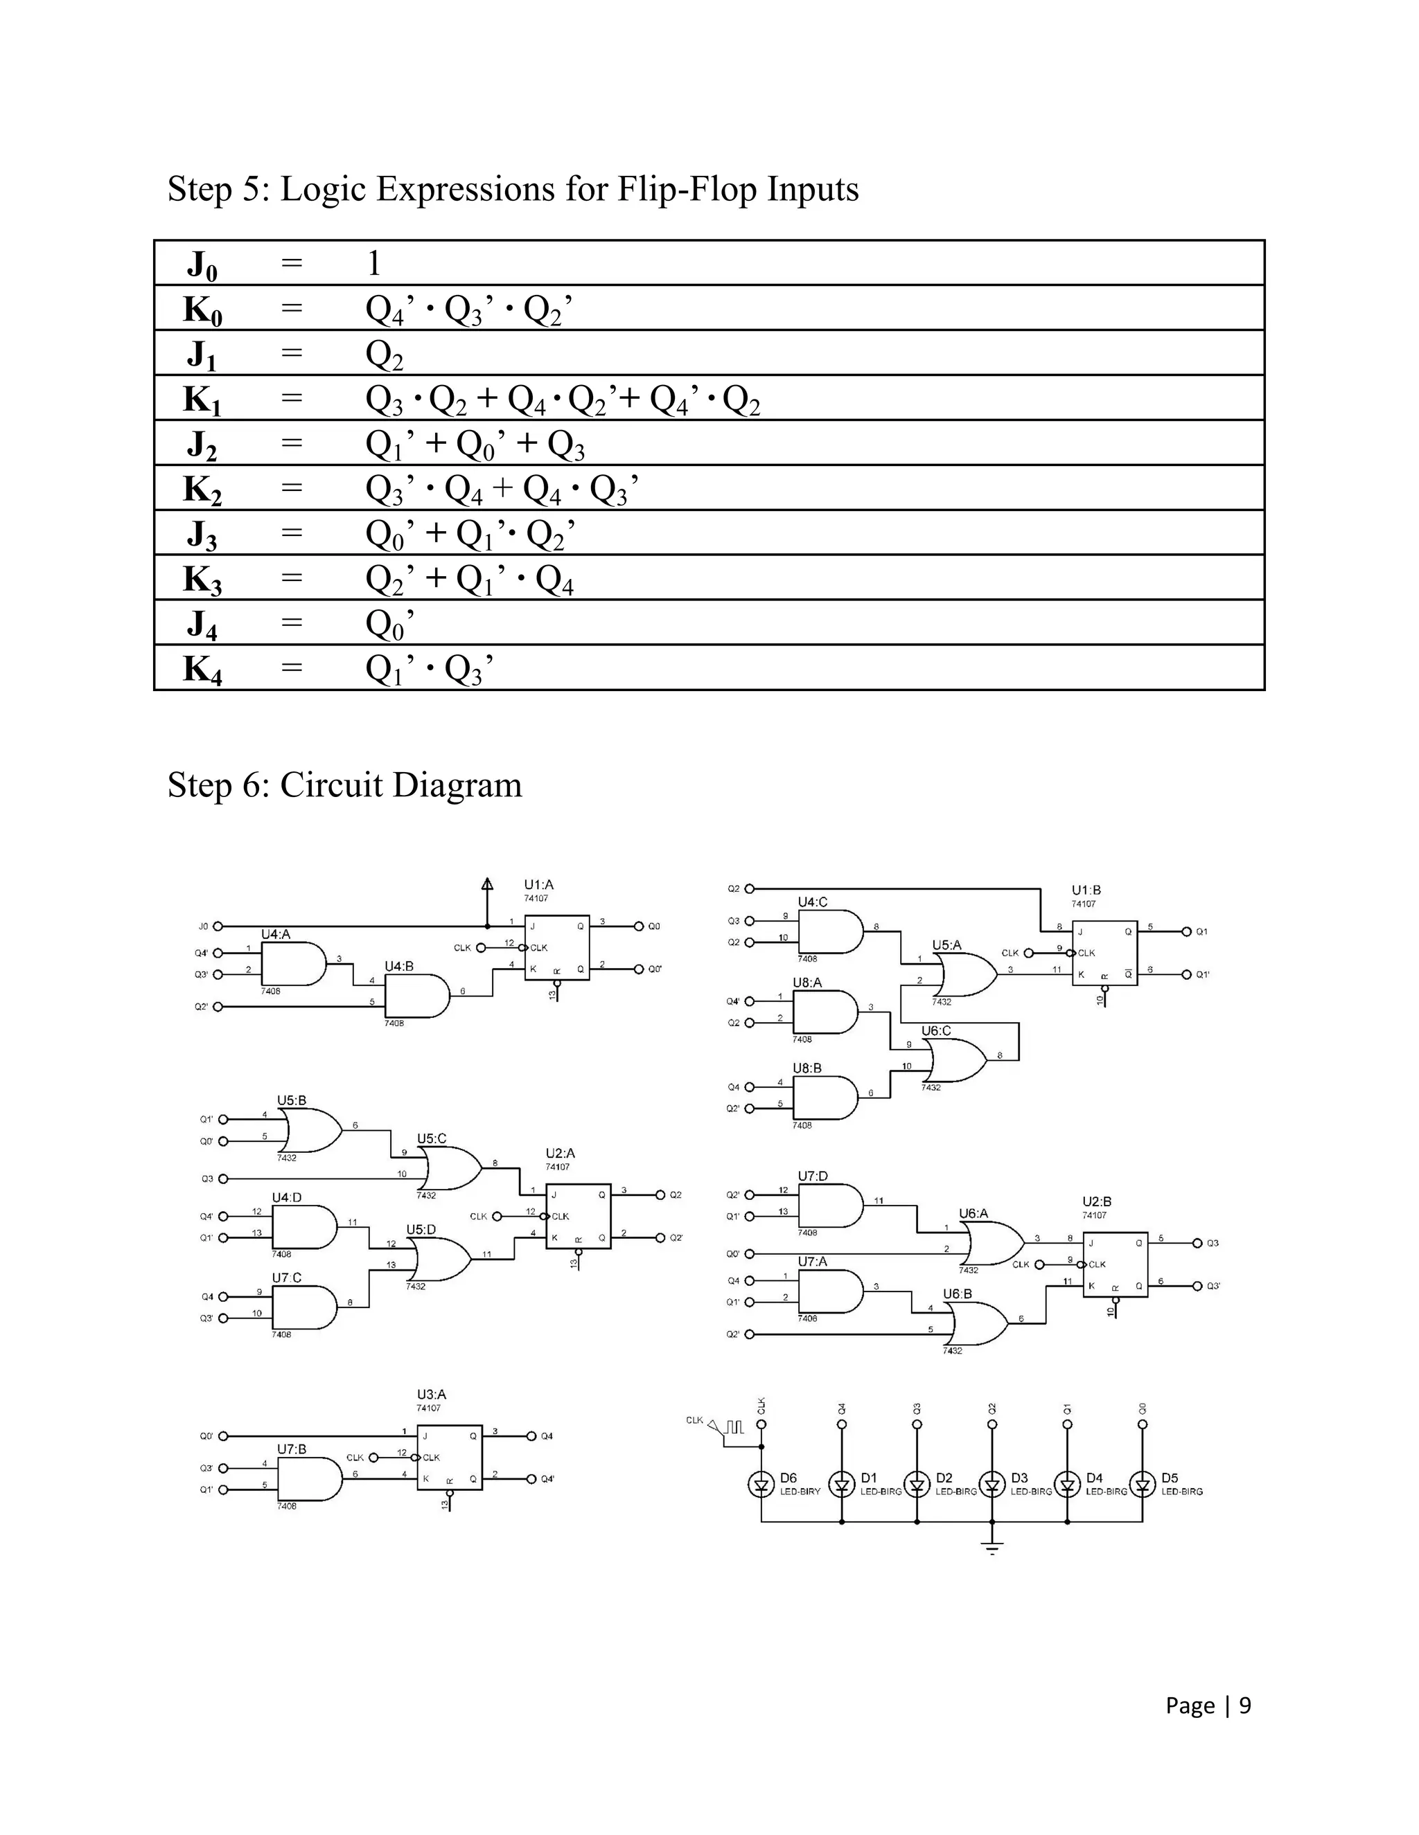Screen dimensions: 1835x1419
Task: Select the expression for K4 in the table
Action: coord(429,669)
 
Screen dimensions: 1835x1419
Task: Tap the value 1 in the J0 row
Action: coord(374,264)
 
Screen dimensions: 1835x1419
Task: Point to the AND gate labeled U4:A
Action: coord(292,964)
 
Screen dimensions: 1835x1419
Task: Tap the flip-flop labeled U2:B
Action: coord(1115,1264)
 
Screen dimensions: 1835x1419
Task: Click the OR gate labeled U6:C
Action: coord(958,1060)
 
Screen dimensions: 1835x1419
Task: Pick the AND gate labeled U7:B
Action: coord(308,1479)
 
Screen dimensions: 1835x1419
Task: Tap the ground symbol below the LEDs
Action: coord(992,1548)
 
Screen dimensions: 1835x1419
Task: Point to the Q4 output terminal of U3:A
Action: coord(531,1436)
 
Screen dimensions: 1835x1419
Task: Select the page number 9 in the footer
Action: coord(1245,1705)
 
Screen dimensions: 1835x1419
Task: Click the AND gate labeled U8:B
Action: coord(825,1098)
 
